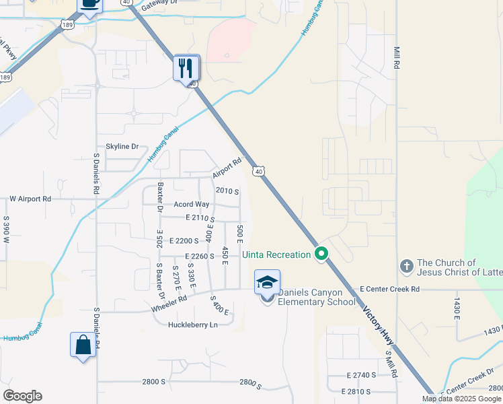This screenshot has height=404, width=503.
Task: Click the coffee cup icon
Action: pos(89,3)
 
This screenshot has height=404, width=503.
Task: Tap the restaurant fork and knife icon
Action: pos(186,67)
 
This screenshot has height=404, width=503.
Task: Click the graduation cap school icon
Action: pos(267,282)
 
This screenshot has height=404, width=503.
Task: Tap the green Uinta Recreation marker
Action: pos(321,254)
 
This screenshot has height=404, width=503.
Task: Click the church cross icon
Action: pos(406,267)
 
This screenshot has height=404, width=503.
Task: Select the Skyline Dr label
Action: pos(122,146)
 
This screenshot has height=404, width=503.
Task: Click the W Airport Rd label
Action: pos(30,199)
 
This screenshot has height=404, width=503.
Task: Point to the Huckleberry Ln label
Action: pos(194,325)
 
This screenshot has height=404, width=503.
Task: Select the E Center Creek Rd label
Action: pos(389,289)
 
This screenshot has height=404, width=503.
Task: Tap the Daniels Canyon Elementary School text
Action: pos(317,297)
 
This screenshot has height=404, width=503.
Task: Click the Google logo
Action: pos(22,396)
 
